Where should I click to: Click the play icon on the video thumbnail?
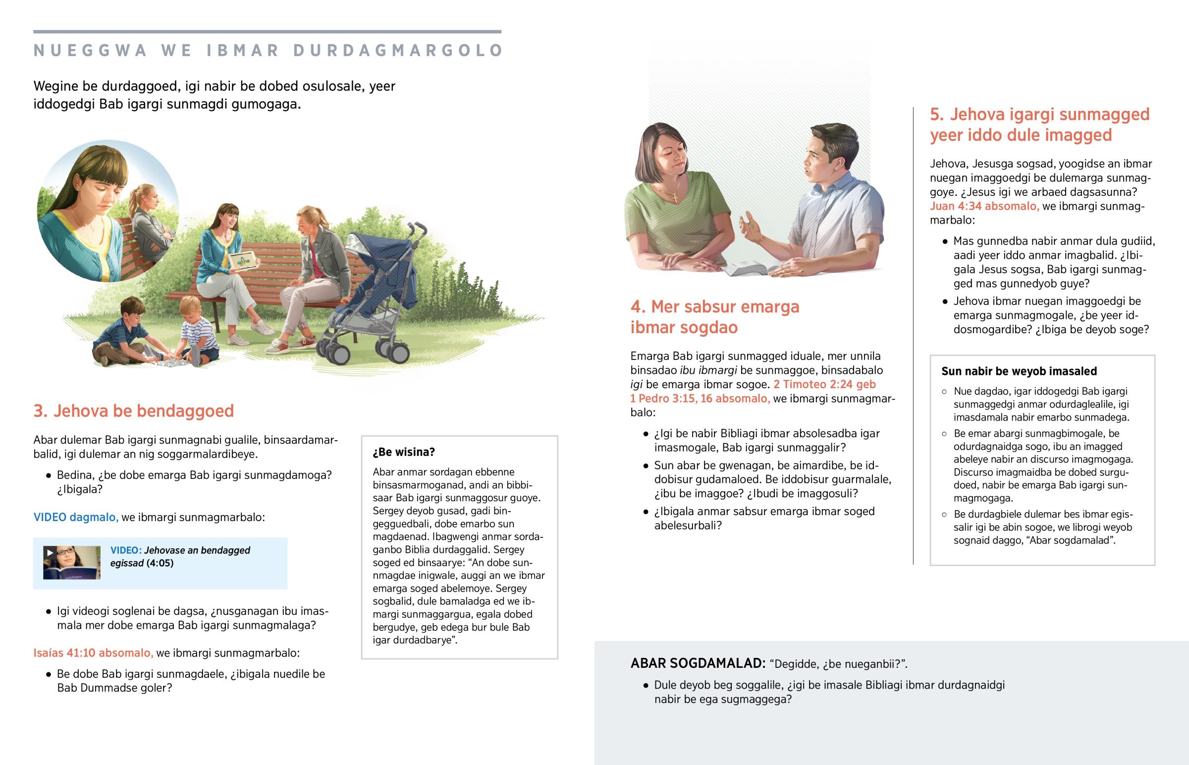50,552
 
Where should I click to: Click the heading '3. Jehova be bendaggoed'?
133,411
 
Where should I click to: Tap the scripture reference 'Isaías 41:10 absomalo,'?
93,653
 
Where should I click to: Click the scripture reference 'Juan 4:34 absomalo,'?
984,206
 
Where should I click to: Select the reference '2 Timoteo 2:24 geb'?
824,384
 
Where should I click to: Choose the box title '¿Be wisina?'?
404,452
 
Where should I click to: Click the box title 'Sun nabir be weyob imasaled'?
1019,371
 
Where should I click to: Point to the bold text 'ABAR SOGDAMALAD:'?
698,663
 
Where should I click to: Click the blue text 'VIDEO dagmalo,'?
76,517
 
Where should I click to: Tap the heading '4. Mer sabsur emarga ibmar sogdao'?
714,317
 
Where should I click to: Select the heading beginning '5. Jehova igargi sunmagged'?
1039,124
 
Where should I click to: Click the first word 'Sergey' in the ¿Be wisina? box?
389,511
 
